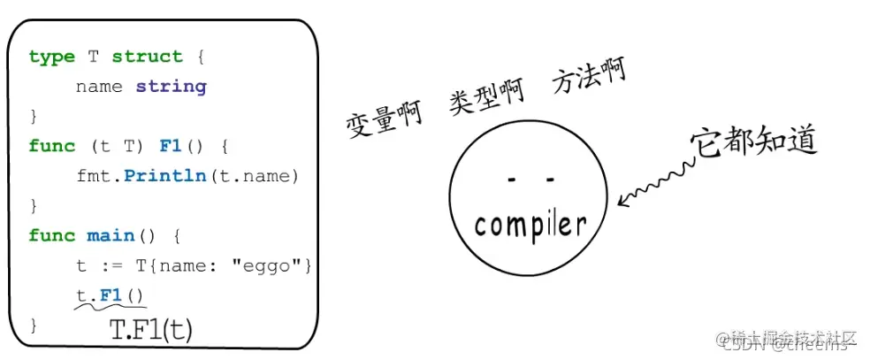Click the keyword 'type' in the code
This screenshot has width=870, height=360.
click(51, 57)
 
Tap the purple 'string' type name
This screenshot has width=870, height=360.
click(171, 87)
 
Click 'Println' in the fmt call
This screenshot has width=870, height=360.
click(164, 176)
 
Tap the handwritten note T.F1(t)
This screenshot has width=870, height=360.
click(150, 330)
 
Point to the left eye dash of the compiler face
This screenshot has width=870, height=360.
click(511, 180)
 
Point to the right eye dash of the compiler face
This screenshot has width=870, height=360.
click(550, 180)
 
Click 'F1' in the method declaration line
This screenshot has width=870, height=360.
click(170, 146)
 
